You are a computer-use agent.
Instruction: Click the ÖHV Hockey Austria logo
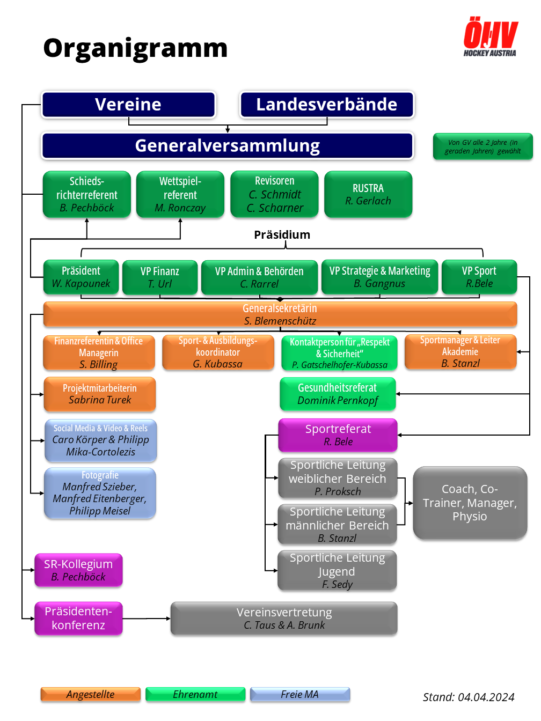pyautogui.click(x=490, y=37)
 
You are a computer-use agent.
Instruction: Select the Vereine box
pyautogui.click(x=128, y=105)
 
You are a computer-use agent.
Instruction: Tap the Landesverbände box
pyautogui.click(x=327, y=105)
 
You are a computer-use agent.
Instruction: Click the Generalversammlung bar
pyautogui.click(x=228, y=146)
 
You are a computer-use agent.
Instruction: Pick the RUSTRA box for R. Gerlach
pyautogui.click(x=368, y=194)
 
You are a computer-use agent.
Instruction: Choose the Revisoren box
pyautogui.click(x=274, y=194)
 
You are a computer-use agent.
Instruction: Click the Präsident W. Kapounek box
pyautogui.click(x=81, y=277)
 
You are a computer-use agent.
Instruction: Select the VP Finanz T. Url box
pyautogui.click(x=160, y=277)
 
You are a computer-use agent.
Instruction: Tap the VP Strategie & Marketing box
pyautogui.click(x=379, y=277)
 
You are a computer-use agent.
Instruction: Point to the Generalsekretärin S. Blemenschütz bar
pyautogui.click(x=280, y=314)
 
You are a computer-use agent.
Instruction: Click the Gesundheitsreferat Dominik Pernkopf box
pyautogui.click(x=338, y=394)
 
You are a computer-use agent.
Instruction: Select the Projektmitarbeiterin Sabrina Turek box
pyautogui.click(x=100, y=394)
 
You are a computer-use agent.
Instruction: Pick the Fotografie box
pyautogui.click(x=100, y=493)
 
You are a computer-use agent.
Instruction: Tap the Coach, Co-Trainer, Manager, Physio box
pyautogui.click(x=470, y=503)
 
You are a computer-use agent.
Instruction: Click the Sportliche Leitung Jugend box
pyautogui.click(x=337, y=571)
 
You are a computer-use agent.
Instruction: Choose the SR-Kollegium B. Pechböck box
pyautogui.click(x=78, y=570)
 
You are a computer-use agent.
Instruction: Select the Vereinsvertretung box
pyautogui.click(x=284, y=619)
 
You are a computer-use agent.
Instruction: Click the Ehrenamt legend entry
pyautogui.click(x=195, y=695)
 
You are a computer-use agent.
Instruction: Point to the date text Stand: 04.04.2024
pyautogui.click(x=468, y=697)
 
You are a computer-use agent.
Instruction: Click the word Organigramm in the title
pyautogui.click(x=135, y=48)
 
